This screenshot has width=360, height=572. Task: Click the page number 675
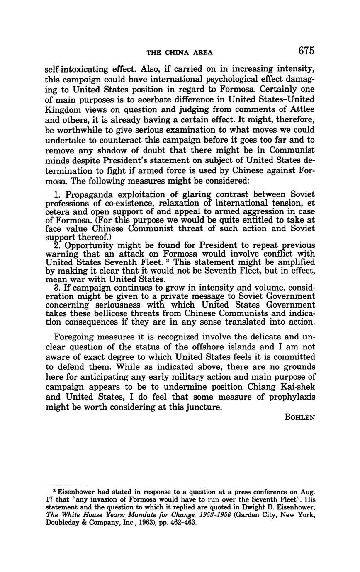point(306,51)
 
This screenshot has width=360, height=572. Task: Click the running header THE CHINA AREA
point(180,52)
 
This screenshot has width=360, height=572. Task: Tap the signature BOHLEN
point(300,417)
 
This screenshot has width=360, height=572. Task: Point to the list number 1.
point(57,194)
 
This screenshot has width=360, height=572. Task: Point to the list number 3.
point(57,288)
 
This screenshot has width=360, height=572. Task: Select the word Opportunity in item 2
point(90,245)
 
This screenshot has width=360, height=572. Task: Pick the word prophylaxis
point(289,397)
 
